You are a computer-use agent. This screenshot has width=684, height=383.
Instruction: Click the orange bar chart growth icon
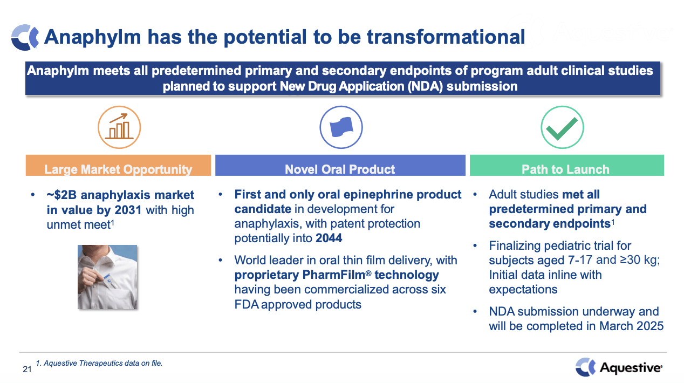coord(119,127)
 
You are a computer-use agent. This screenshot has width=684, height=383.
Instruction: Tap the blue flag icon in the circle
coord(341,127)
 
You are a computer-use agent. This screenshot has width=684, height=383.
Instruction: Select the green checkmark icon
coord(562,127)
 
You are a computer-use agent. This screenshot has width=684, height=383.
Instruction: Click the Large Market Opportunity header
coord(118,169)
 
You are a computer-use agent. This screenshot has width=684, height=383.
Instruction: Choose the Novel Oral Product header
coord(340,169)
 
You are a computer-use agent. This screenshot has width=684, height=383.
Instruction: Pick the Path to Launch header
coord(565,169)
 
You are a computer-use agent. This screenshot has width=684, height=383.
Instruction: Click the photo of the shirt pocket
coord(107,277)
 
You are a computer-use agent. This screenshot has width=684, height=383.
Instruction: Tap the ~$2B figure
coord(63,195)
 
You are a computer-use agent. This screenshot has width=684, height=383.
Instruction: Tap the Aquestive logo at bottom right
coord(618,367)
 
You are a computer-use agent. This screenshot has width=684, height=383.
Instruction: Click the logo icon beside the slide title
coord(25,37)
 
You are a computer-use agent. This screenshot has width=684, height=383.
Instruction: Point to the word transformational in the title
coord(446,37)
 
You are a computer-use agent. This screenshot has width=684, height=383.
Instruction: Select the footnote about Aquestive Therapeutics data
coord(99,364)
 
